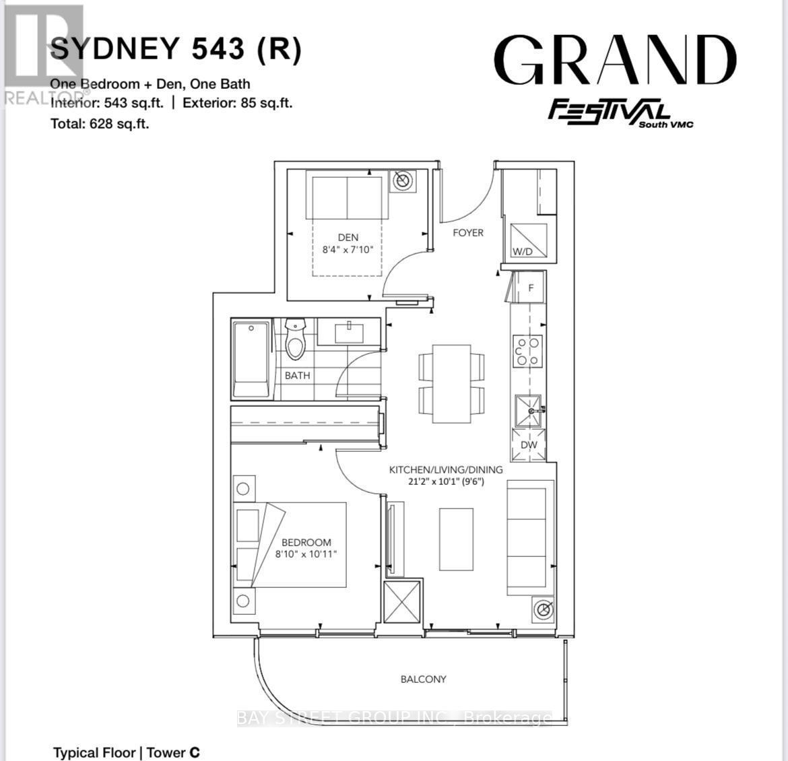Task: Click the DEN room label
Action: (348, 237)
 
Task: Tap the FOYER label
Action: (468, 232)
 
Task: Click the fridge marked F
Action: (530, 288)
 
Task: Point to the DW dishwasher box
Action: (529, 446)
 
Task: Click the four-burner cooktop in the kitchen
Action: (528, 351)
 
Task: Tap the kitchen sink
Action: (528, 411)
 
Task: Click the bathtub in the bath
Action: (251, 360)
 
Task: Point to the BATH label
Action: (297, 375)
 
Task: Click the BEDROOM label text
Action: (306, 542)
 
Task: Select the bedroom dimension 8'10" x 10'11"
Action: (306, 554)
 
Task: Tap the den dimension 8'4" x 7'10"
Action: (348, 249)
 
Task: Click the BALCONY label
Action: (423, 679)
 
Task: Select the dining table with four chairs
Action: (451, 384)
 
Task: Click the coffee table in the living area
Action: (456, 539)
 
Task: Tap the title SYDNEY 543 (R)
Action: (176, 48)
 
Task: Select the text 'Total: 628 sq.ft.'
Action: (100, 123)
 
